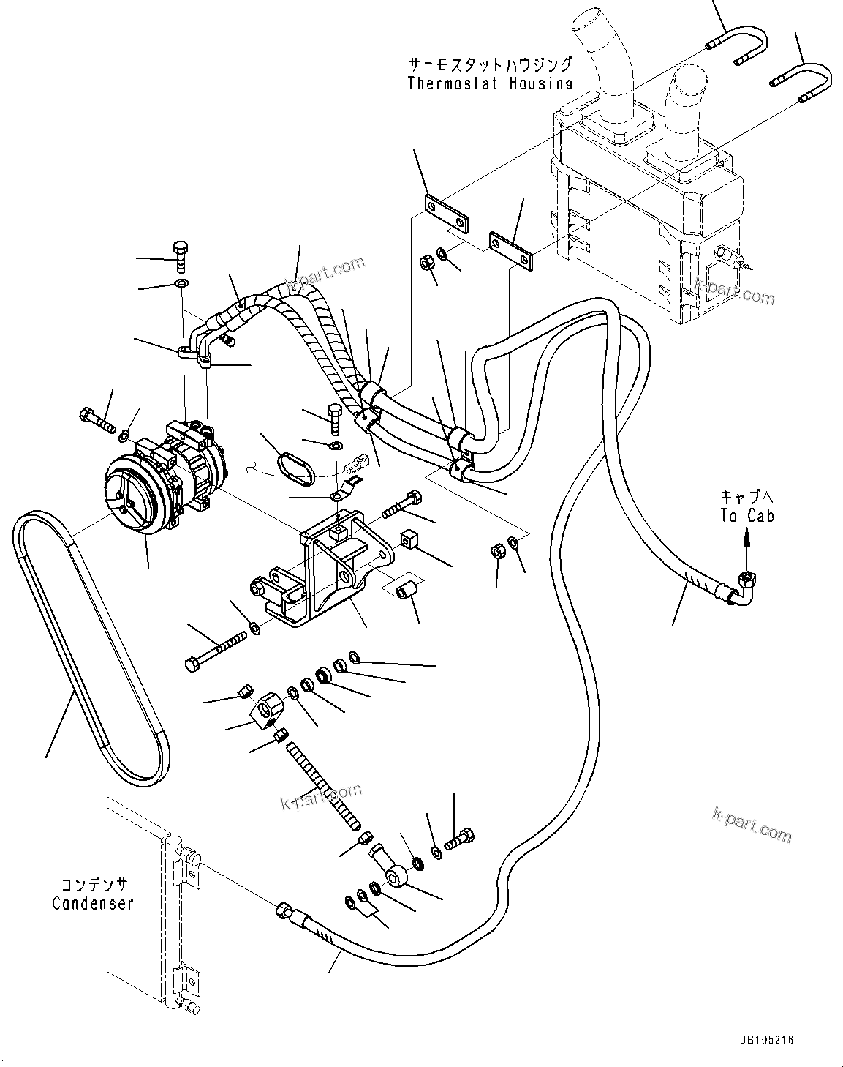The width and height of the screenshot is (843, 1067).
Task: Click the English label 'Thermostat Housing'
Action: (x=489, y=83)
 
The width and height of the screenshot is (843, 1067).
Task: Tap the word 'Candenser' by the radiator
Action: (x=93, y=903)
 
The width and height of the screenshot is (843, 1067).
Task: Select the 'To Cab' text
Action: (x=746, y=515)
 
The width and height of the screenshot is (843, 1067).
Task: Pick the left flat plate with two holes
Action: (x=446, y=214)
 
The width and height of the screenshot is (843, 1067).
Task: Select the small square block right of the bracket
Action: (x=408, y=540)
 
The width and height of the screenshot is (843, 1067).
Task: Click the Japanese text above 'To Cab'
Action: (x=745, y=495)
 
